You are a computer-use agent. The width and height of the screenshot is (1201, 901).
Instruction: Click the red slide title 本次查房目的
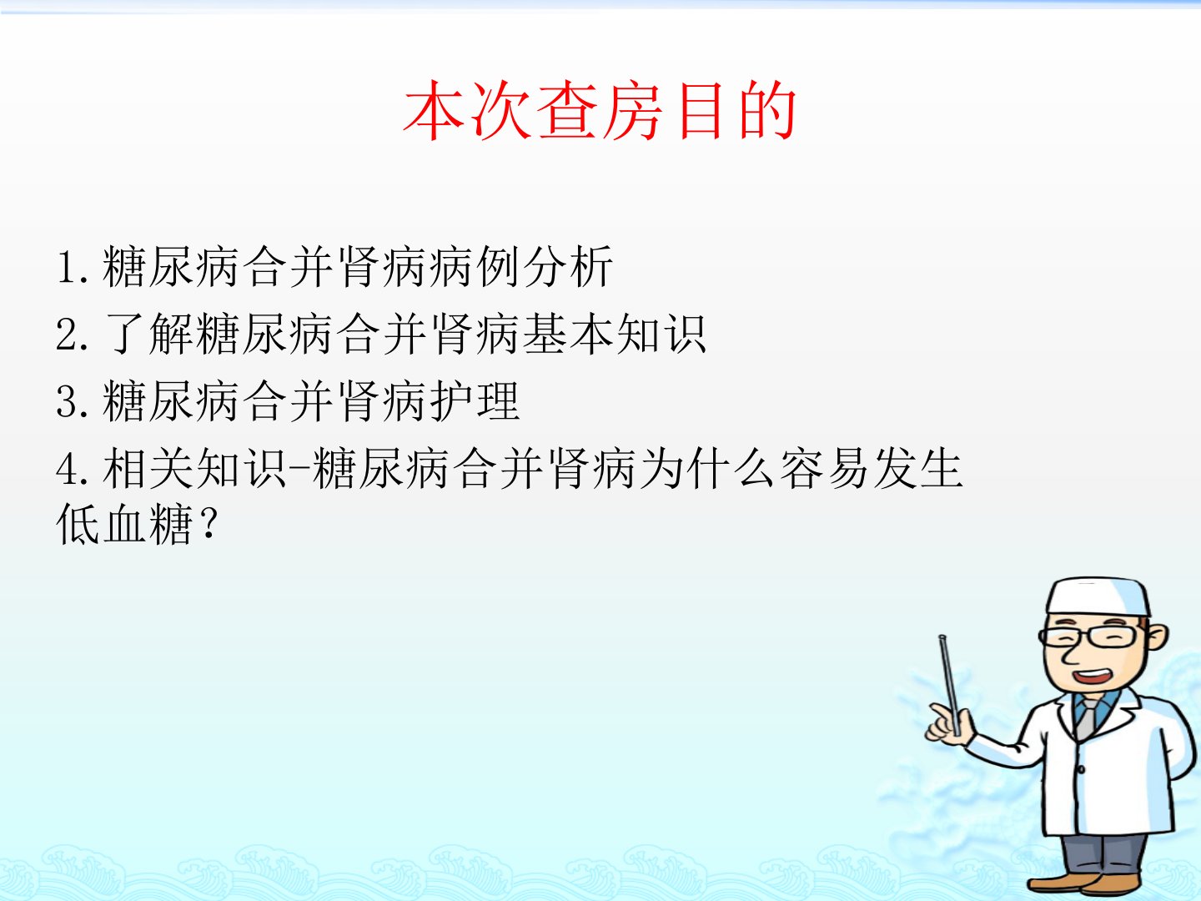pos(600,110)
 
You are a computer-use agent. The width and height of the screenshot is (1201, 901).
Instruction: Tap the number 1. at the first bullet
pos(73,267)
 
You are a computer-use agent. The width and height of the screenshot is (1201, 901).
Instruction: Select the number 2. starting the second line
pos(73,335)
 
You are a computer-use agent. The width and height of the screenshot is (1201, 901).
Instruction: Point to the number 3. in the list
pos(73,401)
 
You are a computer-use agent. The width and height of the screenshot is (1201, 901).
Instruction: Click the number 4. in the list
pos(73,469)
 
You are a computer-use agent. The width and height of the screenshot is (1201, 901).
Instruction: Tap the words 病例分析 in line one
pos(520,266)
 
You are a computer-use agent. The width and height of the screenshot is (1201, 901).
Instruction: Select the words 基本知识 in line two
pos(613,334)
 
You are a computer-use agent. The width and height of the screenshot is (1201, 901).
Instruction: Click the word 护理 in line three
pos(474,401)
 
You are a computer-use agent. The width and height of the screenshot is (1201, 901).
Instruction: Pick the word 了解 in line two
pos(148,334)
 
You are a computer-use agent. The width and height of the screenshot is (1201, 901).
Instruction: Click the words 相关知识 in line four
pos(194,469)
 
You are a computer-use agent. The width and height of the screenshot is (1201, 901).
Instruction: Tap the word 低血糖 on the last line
pos(124,524)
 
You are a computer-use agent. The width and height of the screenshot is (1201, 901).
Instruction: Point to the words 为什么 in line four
pos(706,469)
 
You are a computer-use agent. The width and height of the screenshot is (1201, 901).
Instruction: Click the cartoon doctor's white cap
pos(1098,596)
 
